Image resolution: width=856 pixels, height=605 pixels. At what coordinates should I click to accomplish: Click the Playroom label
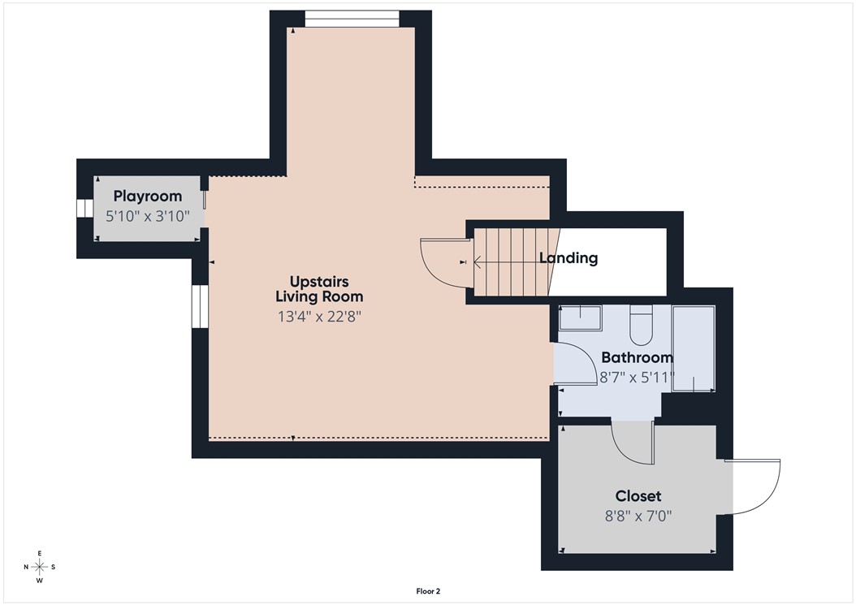pos(147,196)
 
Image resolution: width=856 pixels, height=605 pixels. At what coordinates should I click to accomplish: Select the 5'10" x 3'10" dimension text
pos(147,216)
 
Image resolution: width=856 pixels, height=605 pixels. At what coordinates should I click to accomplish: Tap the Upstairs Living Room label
pos(318,289)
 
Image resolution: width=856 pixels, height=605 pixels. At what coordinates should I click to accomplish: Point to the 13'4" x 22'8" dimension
pos(318,316)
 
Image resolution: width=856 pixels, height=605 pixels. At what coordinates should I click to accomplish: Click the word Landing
pos(569,258)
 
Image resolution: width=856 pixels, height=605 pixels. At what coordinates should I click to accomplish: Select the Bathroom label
pos(637,357)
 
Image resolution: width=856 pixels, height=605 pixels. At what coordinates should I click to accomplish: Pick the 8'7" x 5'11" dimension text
pos(637,378)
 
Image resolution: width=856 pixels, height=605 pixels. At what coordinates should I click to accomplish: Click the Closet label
pos(638,495)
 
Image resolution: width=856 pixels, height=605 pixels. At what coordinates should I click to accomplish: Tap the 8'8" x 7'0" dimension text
pos(638,516)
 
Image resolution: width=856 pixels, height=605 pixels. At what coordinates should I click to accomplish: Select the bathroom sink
pos(579,318)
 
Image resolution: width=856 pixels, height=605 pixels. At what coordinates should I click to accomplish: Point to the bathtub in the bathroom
pos(694,349)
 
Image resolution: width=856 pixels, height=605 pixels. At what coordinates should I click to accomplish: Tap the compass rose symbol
pos(40,567)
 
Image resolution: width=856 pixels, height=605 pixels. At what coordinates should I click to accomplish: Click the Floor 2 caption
pos(427,591)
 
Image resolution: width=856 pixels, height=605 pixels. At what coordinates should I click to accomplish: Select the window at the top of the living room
pos(352,19)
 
